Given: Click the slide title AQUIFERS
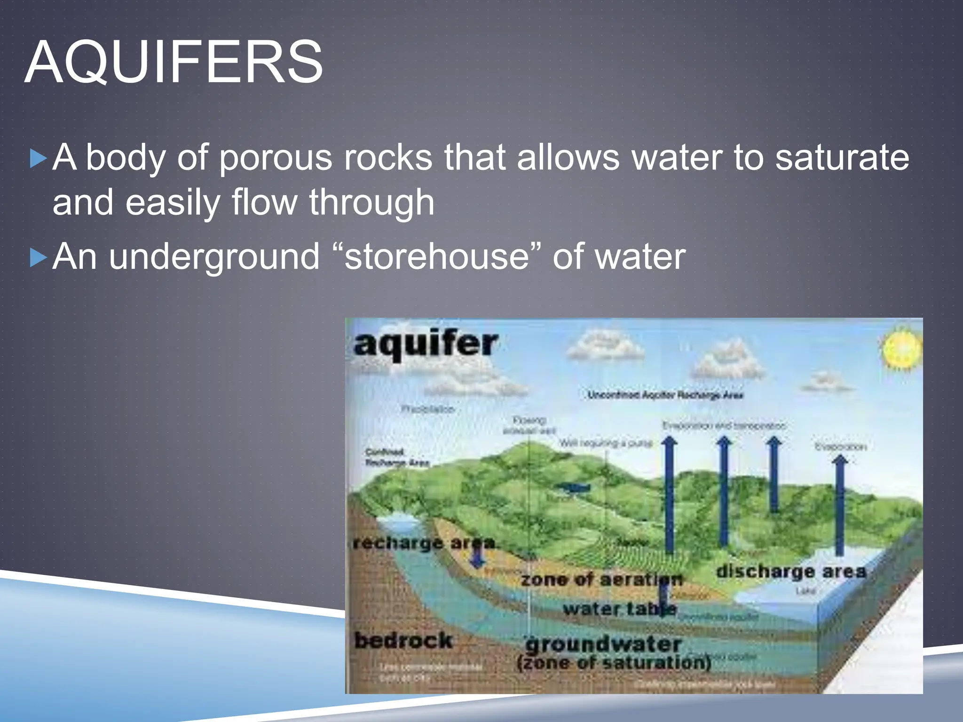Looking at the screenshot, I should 174,62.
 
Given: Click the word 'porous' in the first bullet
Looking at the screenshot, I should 276,158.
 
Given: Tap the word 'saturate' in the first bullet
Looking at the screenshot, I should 842,157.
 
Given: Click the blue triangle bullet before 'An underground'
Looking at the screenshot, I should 38,258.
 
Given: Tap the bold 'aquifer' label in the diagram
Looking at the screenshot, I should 425,345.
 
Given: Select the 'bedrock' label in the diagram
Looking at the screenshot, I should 403,640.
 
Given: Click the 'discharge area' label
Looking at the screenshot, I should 790,572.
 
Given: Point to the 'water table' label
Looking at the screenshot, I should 619,610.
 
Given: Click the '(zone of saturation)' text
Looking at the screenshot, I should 613,663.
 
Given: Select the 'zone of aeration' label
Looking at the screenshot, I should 601,580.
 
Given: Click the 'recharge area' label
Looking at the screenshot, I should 424,543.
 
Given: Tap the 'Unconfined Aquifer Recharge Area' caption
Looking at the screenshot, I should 665,395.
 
